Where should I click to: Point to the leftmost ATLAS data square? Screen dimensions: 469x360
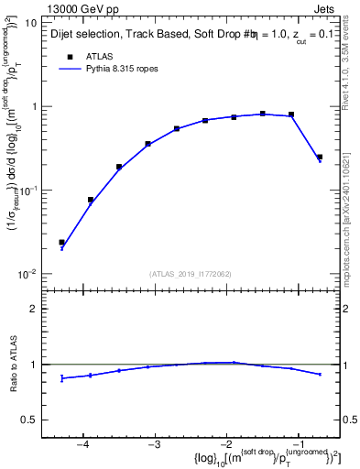(61, 242)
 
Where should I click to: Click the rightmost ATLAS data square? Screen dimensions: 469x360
(320, 158)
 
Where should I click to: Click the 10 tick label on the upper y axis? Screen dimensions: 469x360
(30, 22)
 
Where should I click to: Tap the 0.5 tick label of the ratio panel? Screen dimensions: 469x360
(27, 420)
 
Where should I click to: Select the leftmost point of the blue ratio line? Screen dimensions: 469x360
(61, 377)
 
